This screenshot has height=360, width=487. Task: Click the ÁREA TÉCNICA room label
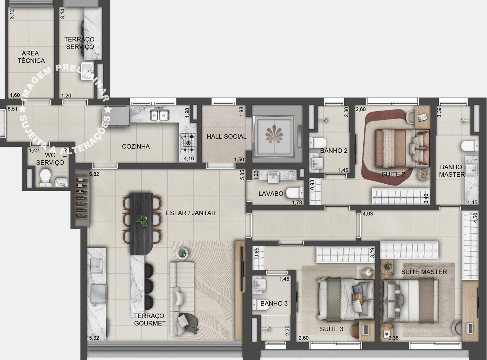[x=31, y=57]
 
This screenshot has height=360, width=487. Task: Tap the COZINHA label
[x=136, y=147]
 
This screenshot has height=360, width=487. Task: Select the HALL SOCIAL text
[x=226, y=136]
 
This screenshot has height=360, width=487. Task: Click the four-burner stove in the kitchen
[x=188, y=143]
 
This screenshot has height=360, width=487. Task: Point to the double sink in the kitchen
[x=159, y=115]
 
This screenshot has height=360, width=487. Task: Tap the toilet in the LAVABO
[x=295, y=193]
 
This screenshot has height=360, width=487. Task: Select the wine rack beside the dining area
[x=81, y=201]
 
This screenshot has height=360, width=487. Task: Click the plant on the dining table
[x=143, y=221]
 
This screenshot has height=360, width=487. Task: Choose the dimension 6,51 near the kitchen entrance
[x=12, y=109]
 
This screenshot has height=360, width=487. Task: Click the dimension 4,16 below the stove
[x=189, y=158]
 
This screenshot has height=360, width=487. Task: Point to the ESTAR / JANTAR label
[x=191, y=213]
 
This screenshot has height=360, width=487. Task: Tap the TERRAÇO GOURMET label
[x=150, y=320]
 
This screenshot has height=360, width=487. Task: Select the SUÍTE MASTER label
[x=424, y=272]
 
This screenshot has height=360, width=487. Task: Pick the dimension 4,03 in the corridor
[x=368, y=213]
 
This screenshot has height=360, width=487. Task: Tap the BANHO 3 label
[x=274, y=303]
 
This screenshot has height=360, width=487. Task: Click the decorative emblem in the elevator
[x=274, y=135]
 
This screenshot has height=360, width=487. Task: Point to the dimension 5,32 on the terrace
[x=94, y=338]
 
